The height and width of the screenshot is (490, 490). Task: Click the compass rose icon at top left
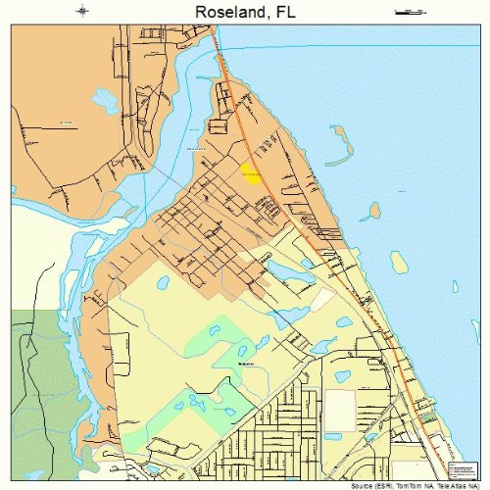pyautogui.click(x=82, y=12)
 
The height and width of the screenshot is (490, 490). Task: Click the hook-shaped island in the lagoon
pyautogui.click(x=338, y=142)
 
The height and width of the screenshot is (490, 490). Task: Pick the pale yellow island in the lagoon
pyautogui.click(x=399, y=262)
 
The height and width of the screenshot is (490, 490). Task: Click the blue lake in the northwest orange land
pyautogui.click(x=102, y=98)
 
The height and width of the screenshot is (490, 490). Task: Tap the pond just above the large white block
pyautogui.click(x=342, y=376)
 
